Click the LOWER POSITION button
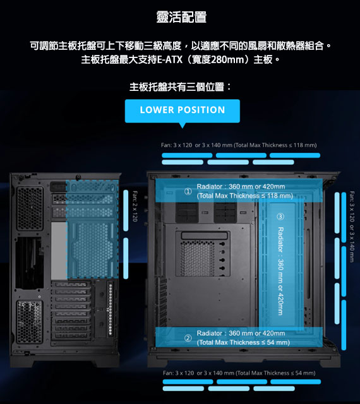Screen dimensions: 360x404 pos(183,111)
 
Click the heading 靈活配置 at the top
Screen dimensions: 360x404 pos(181,17)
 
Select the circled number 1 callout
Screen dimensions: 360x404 pos(188,191)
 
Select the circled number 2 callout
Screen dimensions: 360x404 pos(188,338)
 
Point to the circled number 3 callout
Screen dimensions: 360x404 pos(280,217)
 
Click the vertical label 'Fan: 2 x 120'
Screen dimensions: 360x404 pos(135,206)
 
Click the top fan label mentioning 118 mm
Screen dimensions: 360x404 pos(239,145)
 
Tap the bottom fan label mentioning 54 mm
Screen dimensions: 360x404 pos(239,373)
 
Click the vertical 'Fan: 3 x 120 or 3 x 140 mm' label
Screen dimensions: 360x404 pos(352,227)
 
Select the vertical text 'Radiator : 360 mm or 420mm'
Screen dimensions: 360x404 pos(280,271)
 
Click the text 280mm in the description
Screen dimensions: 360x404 pos(227,60)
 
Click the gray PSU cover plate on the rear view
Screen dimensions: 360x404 pos(59,251)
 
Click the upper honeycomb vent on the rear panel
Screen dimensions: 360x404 pos(30,208)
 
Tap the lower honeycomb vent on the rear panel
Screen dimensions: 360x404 pos(30,321)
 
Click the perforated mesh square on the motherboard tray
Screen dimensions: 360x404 pos(197,258)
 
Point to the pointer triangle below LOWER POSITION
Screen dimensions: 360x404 pos(183,125)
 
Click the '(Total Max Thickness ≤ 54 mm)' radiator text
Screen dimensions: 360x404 pos(243,342)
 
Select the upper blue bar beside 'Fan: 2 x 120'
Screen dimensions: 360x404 pos(126,210)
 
